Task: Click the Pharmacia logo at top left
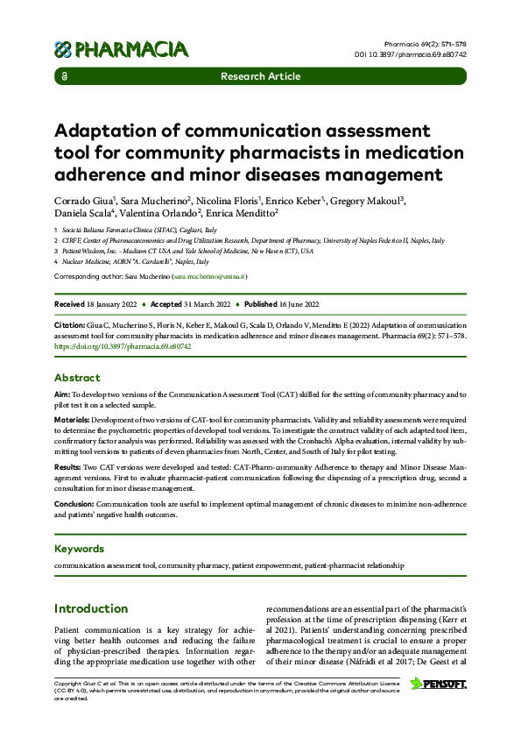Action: (x=121, y=49)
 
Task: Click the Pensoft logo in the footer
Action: (x=438, y=683)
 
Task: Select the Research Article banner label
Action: (x=260, y=77)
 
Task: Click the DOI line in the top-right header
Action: (x=423, y=54)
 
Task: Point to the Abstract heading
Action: (x=77, y=378)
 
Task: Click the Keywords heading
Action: (x=79, y=549)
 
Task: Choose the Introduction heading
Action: (x=91, y=608)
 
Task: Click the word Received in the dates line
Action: (x=69, y=304)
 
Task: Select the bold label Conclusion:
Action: (x=75, y=504)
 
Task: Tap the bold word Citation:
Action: (x=71, y=323)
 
